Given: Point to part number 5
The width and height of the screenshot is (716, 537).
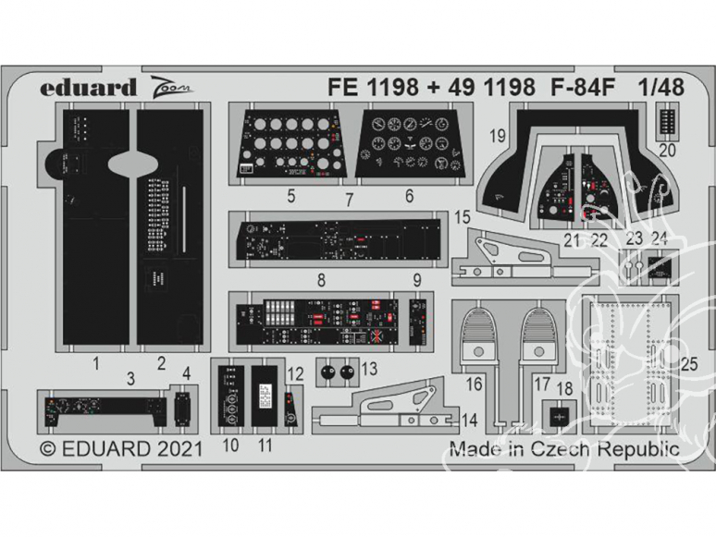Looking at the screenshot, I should (x=290, y=196).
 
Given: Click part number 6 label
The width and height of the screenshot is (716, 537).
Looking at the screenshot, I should (x=409, y=196).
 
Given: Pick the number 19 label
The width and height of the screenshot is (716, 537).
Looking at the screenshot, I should (x=497, y=135).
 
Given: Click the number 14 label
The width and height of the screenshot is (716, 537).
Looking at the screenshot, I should (x=469, y=421).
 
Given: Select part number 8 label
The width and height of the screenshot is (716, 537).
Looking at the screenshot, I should (x=320, y=276).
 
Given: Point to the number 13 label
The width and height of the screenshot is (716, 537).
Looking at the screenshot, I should (x=370, y=369).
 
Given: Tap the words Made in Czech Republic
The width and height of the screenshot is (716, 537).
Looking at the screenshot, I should (x=564, y=450).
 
